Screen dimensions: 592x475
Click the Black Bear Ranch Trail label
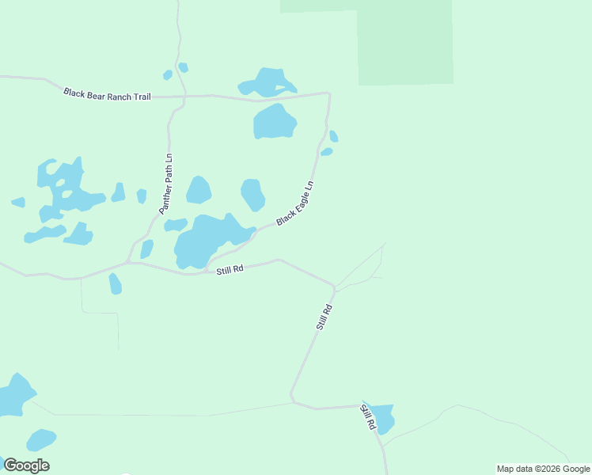pos(107,94)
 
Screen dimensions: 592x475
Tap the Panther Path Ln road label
pos(165,184)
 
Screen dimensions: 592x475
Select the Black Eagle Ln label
pos(295,203)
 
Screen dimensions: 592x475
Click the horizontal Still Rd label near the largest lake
pos(230,270)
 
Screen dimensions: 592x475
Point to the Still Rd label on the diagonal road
pos(323,315)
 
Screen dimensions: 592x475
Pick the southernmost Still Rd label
pos(368,417)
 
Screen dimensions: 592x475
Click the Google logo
pos(26,465)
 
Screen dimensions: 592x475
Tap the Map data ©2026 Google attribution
pos(544,469)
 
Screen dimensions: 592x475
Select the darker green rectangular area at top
pos(404,44)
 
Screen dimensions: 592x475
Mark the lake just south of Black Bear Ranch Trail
pos(274,122)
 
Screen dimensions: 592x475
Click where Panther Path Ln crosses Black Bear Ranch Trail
pos(184,96)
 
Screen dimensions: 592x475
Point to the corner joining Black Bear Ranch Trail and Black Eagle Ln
pos(328,93)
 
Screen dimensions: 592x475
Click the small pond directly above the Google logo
pos(40,439)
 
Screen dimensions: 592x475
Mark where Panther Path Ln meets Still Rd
pos(128,262)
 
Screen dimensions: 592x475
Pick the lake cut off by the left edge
pos(14,394)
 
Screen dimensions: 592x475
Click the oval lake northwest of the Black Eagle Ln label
pos(252,194)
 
